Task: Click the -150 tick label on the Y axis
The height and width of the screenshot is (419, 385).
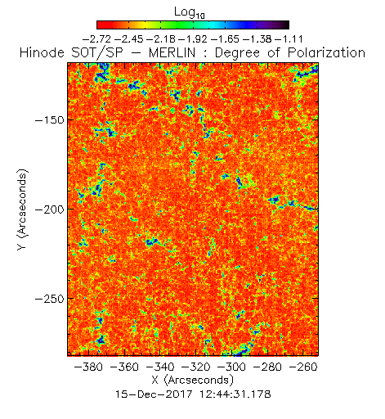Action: click(50, 119)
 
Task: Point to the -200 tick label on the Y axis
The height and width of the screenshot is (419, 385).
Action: click(50, 209)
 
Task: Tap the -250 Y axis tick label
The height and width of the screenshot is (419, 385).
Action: click(50, 299)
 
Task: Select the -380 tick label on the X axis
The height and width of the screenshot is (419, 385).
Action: click(88, 367)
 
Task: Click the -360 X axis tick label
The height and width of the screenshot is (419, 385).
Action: click(124, 367)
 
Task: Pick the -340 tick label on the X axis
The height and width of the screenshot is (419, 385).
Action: click(160, 367)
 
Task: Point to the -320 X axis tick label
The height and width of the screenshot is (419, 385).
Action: click(196, 367)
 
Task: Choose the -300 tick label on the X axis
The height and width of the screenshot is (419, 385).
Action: click(231, 367)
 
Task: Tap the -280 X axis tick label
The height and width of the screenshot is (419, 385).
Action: click(267, 367)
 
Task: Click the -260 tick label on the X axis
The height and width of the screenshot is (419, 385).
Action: click(303, 367)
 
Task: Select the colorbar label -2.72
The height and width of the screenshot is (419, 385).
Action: click(96, 39)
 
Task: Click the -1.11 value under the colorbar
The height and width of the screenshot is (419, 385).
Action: click(289, 39)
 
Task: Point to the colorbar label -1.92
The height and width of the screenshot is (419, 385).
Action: click(193, 39)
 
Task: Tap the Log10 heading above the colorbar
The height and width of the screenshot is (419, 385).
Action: click(190, 12)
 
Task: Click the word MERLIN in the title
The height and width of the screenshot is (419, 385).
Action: click(172, 52)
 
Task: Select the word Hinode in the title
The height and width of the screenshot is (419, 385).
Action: click(42, 52)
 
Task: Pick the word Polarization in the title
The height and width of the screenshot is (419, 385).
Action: click(326, 52)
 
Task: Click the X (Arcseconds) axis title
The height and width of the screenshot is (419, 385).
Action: click(193, 380)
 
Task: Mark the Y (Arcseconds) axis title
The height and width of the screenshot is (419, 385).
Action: click(22, 209)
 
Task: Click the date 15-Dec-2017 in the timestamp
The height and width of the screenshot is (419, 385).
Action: click(154, 394)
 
